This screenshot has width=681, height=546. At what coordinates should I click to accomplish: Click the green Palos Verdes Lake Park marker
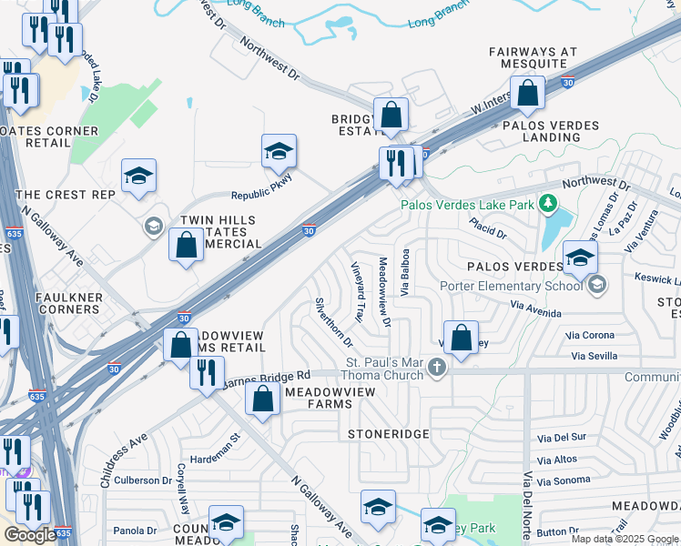(547, 203)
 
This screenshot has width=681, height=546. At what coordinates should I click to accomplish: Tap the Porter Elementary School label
(511, 287)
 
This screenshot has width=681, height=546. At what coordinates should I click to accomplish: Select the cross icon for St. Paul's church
(437, 368)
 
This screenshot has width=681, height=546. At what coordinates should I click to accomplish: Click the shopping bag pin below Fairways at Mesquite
(527, 93)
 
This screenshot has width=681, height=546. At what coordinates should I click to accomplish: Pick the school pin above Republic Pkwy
(280, 151)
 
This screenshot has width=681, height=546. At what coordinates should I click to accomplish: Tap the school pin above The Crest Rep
(139, 176)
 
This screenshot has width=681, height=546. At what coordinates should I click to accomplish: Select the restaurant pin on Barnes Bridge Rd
(208, 371)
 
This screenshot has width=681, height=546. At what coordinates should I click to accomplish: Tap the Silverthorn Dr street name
(333, 322)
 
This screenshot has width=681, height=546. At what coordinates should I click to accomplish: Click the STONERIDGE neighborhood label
(388, 434)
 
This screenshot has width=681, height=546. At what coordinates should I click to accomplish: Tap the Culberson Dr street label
(143, 480)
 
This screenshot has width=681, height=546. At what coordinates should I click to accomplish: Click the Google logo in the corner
(30, 534)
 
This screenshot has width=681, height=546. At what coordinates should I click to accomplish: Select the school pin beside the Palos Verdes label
(580, 258)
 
